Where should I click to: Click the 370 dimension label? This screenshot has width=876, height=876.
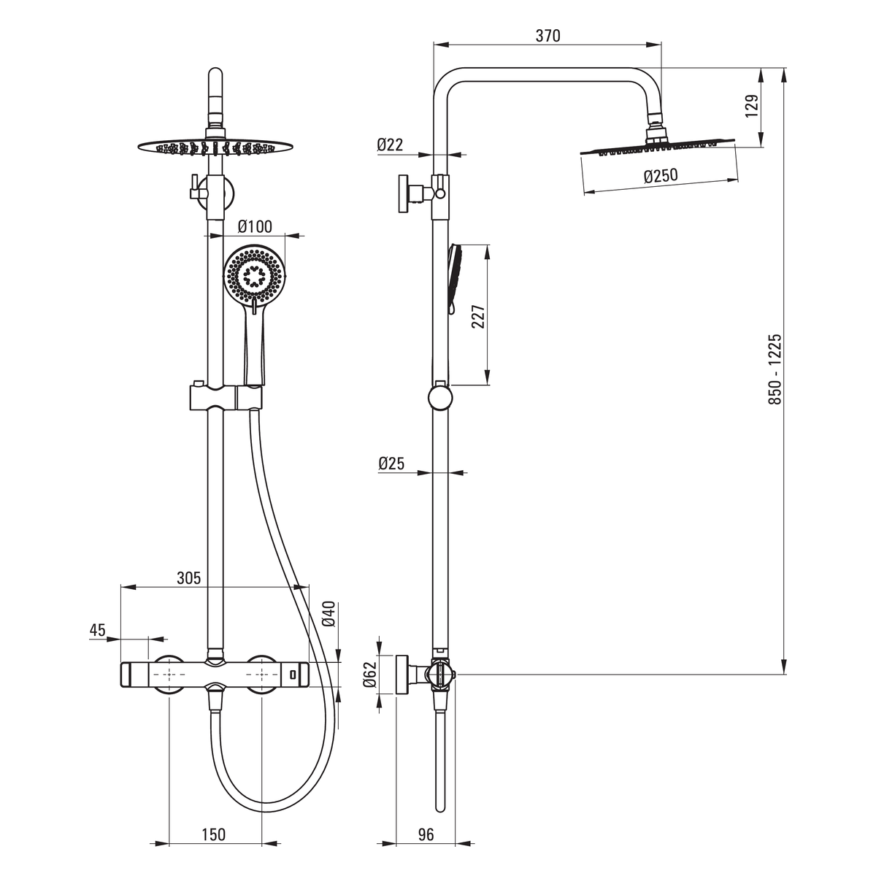[x=547, y=36]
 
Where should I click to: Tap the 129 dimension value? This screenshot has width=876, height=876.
[x=752, y=105]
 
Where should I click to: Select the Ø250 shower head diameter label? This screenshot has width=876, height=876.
[x=661, y=175]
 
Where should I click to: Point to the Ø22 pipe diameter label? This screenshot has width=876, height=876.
[x=390, y=145]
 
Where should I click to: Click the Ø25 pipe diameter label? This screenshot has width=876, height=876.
[x=391, y=464]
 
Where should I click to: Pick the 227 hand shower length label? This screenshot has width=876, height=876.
[x=477, y=316]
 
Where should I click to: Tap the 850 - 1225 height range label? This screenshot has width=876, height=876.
[x=775, y=369]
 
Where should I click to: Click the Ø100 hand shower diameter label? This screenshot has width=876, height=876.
[x=255, y=226]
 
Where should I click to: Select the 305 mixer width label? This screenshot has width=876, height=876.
[x=188, y=577]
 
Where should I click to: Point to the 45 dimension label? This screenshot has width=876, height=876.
[x=97, y=630]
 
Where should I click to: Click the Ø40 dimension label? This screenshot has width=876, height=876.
[x=328, y=614]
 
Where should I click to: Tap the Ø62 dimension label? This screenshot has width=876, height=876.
[x=371, y=675]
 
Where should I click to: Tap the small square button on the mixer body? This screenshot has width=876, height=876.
[x=293, y=675]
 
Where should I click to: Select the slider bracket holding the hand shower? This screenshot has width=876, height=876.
[x=226, y=396]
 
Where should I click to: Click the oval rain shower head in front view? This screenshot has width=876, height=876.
[x=215, y=146]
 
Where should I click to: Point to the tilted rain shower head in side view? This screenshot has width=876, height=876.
[x=657, y=147]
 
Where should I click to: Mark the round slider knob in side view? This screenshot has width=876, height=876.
[x=440, y=397]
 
